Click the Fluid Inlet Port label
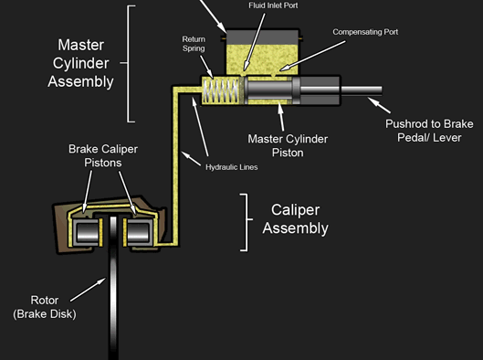pos(273,5)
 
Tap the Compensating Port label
pos(365,32)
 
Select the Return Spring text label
pos(194,44)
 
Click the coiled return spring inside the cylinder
pos(221,90)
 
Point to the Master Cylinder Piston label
pos(288,145)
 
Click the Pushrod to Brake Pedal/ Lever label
pos(429,131)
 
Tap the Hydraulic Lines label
pos(232,167)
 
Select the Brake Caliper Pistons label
pos(103,155)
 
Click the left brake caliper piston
pos(87,233)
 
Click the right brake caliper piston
pos(139,233)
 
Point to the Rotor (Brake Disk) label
pos(45,307)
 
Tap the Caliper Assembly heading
pos(296,219)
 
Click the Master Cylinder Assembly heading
pos(80,63)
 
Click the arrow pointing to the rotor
pos(88,290)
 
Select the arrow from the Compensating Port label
pos(312,56)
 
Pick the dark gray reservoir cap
pos(262,37)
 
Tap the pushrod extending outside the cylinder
pos(361,90)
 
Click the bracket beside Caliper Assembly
pos(247,222)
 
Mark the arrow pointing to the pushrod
pos(379,105)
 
